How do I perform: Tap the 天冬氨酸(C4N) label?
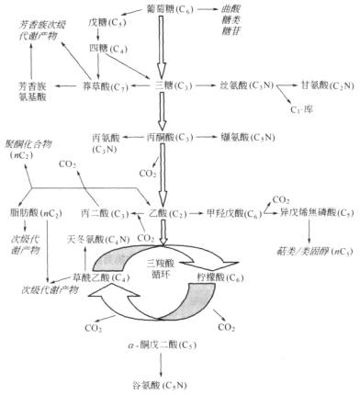tap(91, 238)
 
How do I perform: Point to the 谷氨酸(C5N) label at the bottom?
tap(171, 384)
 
